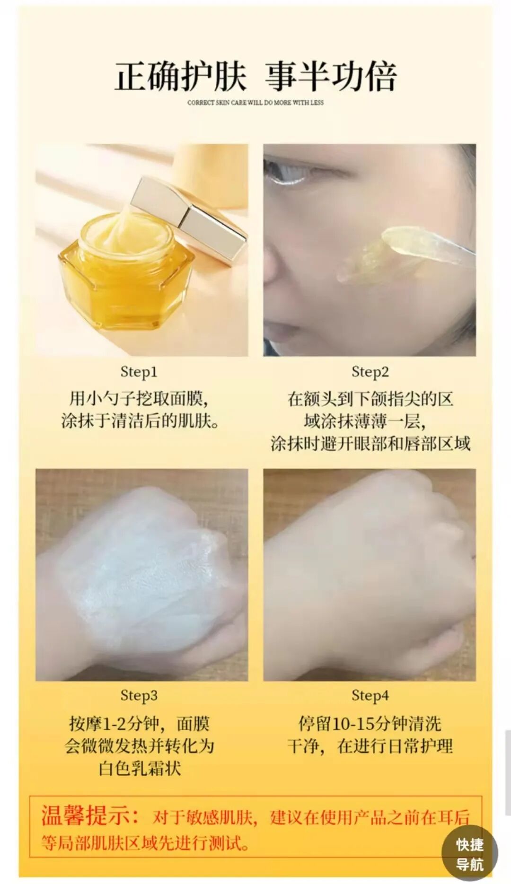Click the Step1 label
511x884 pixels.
coord(139,372)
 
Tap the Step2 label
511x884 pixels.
coord(370,372)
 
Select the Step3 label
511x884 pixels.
coord(139,695)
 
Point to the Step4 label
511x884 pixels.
coord(370,695)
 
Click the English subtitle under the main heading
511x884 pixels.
coord(255,102)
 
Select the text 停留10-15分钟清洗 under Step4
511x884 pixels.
coord(370,724)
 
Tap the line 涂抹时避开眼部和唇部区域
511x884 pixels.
coord(370,444)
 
